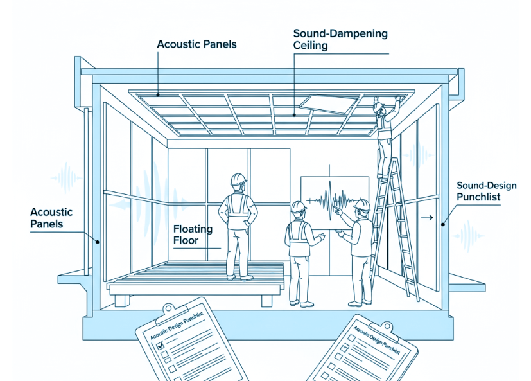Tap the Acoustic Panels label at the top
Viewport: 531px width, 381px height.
pos(196,44)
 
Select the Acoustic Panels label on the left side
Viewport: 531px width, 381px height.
pos(51,218)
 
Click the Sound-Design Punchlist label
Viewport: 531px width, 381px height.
pos(486,191)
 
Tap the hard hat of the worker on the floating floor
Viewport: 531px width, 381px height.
pos(238,179)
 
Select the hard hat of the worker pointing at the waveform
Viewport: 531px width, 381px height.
pos(362,206)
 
